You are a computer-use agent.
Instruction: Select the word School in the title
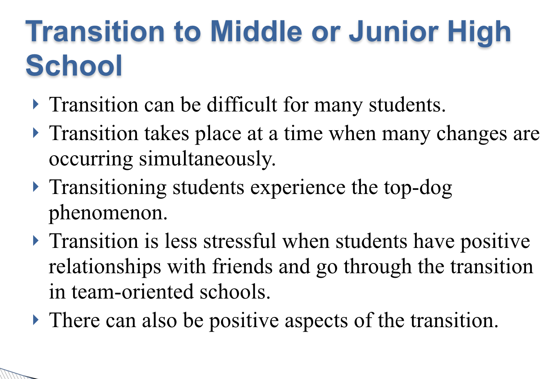[x=74, y=65]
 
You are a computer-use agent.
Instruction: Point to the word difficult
[x=242, y=105]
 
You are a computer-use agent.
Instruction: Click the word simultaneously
[x=207, y=159]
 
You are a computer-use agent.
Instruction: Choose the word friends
[x=242, y=266]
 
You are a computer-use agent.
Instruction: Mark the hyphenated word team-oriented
[x=132, y=292]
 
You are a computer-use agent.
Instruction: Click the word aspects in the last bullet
[x=316, y=321]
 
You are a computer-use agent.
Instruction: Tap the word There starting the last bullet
[x=74, y=320]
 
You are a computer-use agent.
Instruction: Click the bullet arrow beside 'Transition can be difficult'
[x=36, y=104]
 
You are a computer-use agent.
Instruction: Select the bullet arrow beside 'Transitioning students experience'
[x=36, y=187]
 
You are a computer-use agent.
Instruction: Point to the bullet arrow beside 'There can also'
[x=36, y=320]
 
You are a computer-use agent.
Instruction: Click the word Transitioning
[x=108, y=188]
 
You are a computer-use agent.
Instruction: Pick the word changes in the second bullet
[x=472, y=134]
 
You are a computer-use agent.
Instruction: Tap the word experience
[x=298, y=189]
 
